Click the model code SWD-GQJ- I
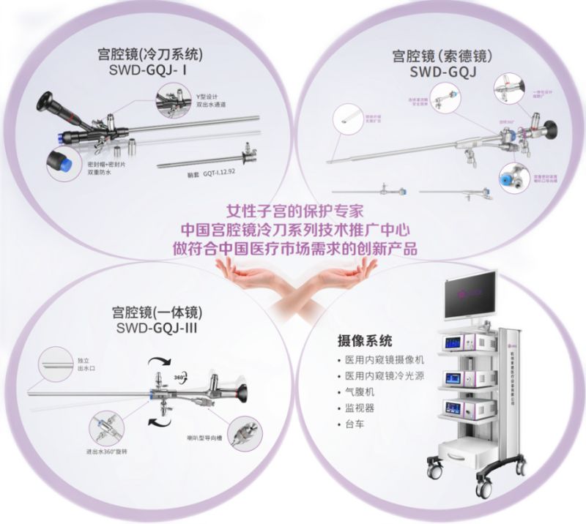point(149,70)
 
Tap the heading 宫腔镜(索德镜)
point(434,56)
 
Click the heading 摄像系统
point(364,340)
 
